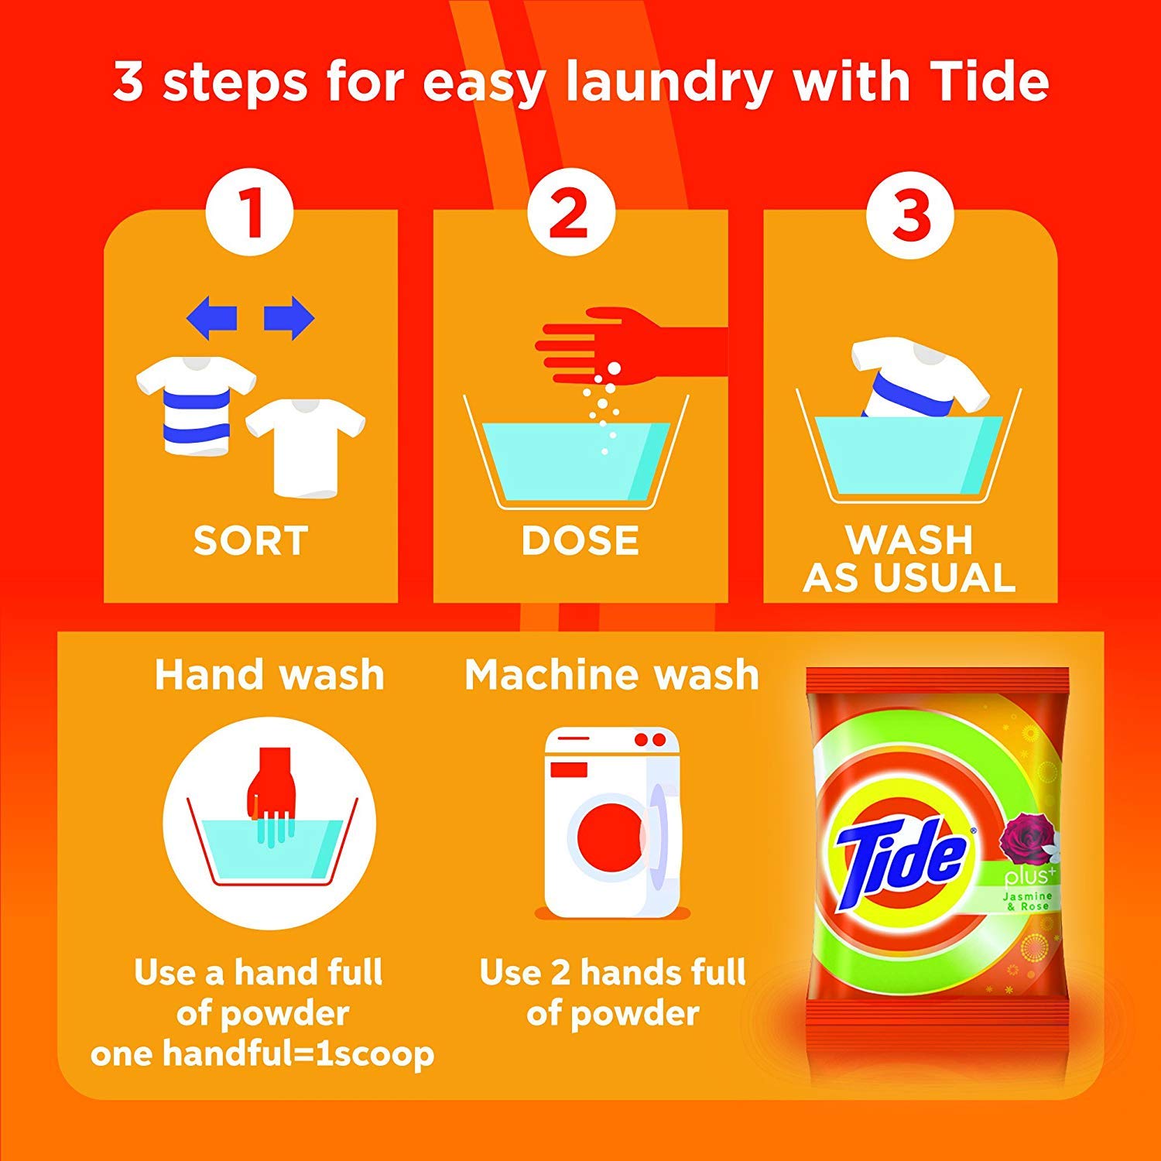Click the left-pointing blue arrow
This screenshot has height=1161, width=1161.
click(211, 317)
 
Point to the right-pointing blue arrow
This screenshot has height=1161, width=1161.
click(289, 317)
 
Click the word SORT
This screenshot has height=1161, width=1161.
click(251, 540)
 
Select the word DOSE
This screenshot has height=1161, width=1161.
click(580, 540)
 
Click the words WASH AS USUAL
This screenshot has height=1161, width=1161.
click(909, 558)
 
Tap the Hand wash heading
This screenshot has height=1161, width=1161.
click(269, 674)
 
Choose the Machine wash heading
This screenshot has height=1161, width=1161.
click(611, 674)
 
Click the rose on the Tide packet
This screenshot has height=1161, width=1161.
click(1022, 841)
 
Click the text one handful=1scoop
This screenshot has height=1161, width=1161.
click(262, 1054)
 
